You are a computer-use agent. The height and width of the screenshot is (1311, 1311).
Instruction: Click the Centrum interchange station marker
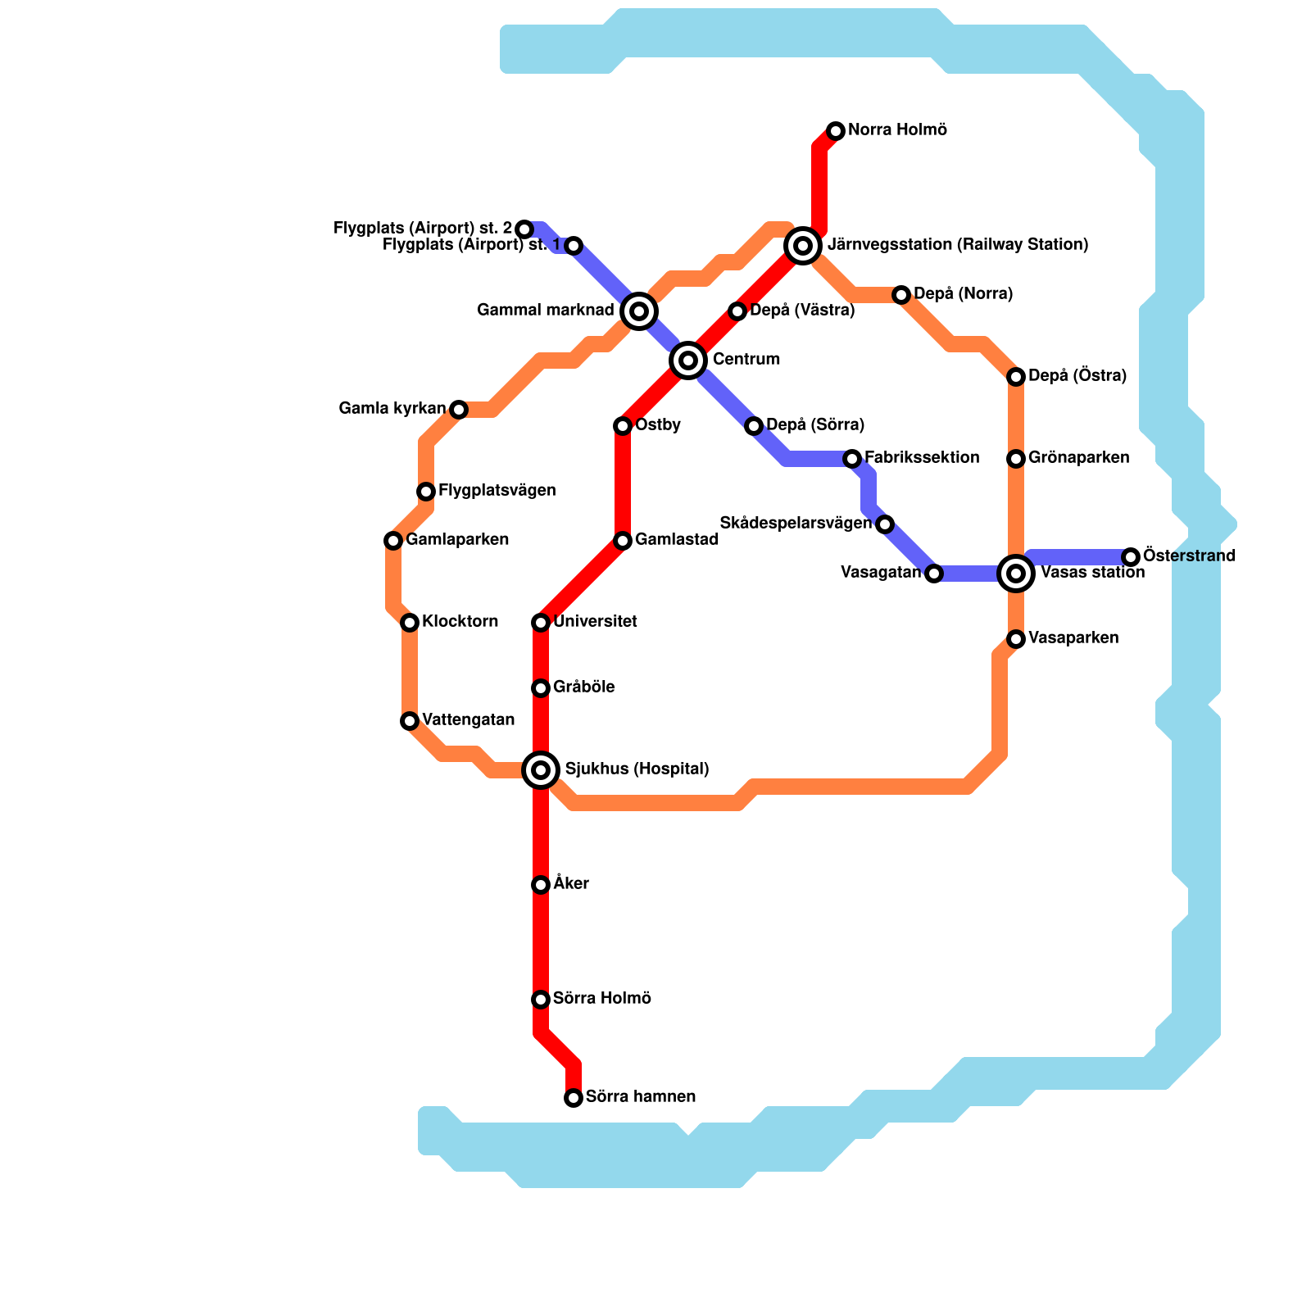click(x=688, y=360)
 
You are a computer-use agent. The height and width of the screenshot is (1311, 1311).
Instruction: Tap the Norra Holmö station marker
click(x=836, y=130)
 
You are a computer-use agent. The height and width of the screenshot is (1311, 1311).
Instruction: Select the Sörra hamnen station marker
click(x=574, y=1097)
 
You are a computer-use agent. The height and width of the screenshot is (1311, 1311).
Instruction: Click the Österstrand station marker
click(x=1131, y=556)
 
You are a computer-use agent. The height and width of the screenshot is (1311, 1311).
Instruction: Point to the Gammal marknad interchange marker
click(x=639, y=311)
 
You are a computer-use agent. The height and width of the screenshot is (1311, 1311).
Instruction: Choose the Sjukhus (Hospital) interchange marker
click(x=541, y=769)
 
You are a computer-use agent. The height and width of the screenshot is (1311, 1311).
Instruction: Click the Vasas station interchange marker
click(x=1016, y=573)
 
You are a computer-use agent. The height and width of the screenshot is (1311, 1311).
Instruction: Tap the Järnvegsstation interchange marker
click(x=803, y=245)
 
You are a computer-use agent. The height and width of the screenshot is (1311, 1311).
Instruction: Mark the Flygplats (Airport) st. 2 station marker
click(x=524, y=229)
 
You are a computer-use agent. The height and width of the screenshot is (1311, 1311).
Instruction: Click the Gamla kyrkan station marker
click(x=459, y=409)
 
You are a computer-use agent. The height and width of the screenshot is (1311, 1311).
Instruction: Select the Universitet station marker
click(x=541, y=622)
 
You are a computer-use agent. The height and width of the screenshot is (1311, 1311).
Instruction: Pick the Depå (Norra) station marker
click(x=901, y=294)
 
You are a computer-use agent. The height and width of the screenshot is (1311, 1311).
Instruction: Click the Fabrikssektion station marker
click(x=852, y=458)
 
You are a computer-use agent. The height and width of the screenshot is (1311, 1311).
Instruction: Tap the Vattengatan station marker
click(x=410, y=720)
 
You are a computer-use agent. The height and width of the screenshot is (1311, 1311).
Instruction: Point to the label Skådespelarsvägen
click(x=795, y=523)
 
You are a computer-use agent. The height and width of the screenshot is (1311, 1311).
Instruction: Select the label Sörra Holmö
click(x=601, y=998)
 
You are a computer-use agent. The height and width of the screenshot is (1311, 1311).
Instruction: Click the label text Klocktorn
click(x=460, y=621)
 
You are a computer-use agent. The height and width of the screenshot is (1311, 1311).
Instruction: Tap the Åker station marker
click(x=541, y=884)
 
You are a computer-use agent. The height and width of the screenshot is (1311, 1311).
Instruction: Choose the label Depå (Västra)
click(x=802, y=310)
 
